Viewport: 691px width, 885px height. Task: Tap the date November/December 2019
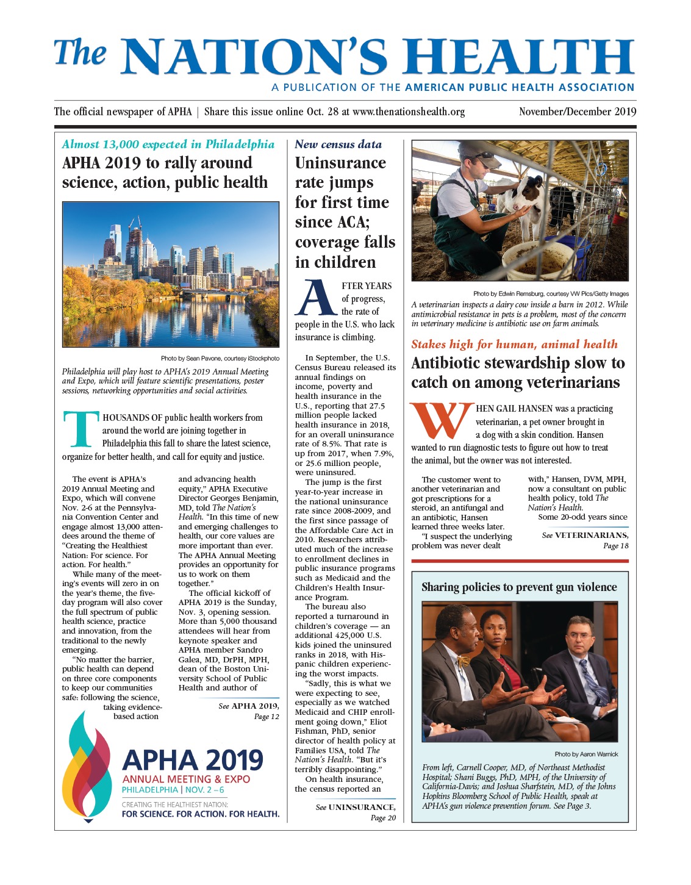click(x=577, y=112)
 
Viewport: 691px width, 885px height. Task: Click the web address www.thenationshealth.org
click(x=409, y=112)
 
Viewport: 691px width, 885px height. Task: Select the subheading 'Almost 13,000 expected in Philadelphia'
click(x=168, y=145)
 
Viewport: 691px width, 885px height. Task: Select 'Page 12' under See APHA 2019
click(x=266, y=717)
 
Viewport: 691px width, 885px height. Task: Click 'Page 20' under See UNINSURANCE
click(x=383, y=818)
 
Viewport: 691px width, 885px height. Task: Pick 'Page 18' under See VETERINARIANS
click(x=615, y=546)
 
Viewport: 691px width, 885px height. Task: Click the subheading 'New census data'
click(x=338, y=145)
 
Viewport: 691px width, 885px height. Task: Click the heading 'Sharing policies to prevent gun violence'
click(x=519, y=587)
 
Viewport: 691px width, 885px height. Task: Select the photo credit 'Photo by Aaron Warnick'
click(x=586, y=754)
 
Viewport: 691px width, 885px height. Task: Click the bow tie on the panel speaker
click(x=463, y=661)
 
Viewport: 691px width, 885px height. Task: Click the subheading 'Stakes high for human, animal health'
click(x=514, y=345)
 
